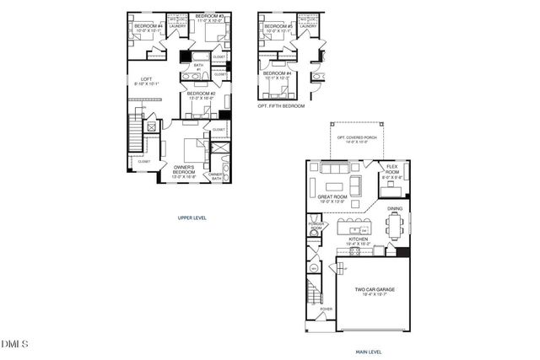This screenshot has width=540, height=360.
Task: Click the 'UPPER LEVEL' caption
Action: pos(192,217)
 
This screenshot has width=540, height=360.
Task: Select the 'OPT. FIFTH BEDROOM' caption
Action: pos(281,106)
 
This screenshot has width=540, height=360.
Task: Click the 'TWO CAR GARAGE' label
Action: pos(372,289)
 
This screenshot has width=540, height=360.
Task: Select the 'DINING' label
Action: pos(395,208)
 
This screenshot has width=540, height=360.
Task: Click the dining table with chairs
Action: pos(395,226)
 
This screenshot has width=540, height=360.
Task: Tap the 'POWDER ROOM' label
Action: pos(316,227)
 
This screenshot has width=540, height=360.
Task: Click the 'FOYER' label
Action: pos(326,309)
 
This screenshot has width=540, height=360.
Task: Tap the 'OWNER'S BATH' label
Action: pos(216,176)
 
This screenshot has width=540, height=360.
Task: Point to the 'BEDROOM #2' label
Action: pos(202,94)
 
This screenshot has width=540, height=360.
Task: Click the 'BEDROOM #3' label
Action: pos(209,16)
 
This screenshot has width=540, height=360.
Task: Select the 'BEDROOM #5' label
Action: pos(278,27)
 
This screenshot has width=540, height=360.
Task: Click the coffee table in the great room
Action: pos(336,185)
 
